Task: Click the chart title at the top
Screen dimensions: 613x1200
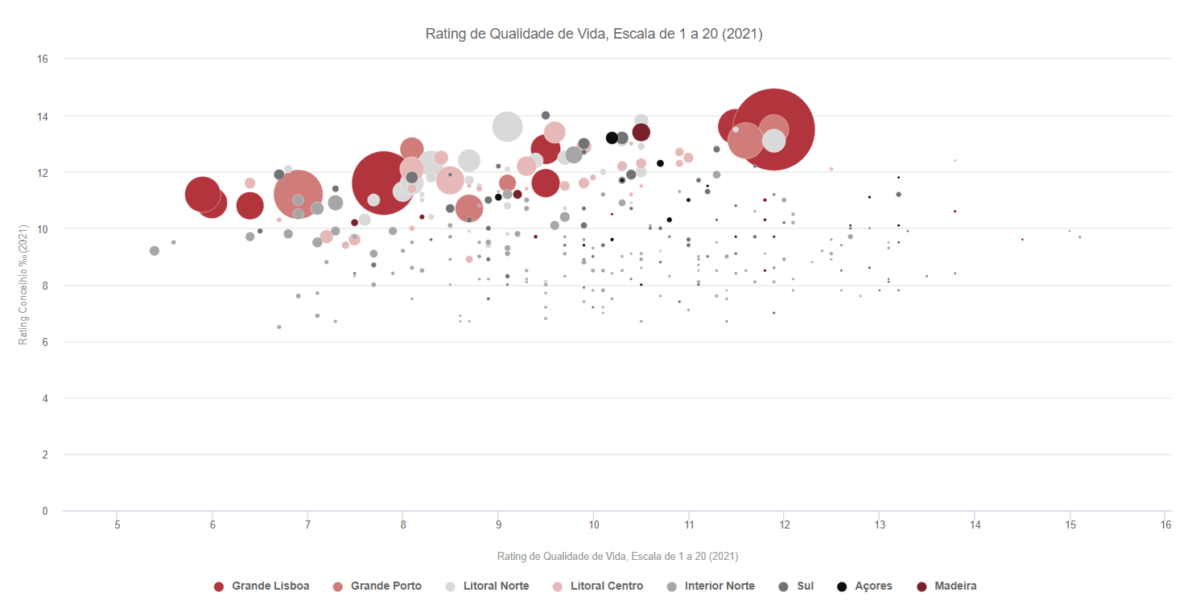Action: click(594, 34)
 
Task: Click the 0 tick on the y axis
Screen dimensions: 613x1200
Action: click(46, 511)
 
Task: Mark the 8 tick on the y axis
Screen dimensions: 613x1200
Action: click(46, 285)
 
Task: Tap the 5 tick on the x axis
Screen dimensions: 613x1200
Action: click(118, 525)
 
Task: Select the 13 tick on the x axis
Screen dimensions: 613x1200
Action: click(879, 525)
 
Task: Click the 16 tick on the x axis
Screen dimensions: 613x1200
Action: click(1165, 525)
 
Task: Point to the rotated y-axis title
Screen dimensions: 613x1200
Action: click(23, 285)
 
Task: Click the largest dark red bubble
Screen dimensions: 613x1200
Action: click(773, 129)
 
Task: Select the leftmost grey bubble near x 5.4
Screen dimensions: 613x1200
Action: click(155, 251)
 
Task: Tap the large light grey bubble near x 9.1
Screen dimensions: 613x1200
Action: click(507, 126)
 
